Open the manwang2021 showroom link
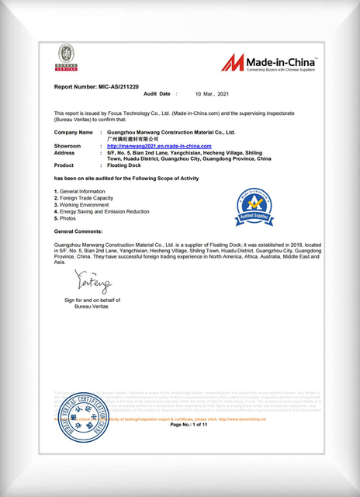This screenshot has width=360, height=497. pyautogui.click(x=159, y=146)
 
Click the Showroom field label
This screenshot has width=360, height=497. pyautogui.click(x=68, y=146)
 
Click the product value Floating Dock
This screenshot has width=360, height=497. pyautogui.click(x=124, y=165)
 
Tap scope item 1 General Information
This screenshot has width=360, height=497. pyautogui.click(x=80, y=191)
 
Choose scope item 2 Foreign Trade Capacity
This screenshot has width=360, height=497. pyautogui.click(x=86, y=198)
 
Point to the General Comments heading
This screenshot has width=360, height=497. pyautogui.click(x=81, y=232)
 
